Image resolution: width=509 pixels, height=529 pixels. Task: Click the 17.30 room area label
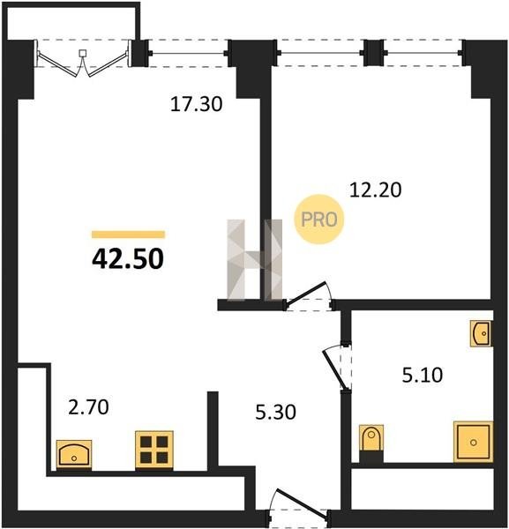tap(196, 104)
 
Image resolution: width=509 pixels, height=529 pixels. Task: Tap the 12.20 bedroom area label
tap(375, 190)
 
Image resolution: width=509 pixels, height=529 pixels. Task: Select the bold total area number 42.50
tap(128, 259)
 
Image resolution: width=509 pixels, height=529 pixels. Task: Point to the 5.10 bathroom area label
tap(423, 376)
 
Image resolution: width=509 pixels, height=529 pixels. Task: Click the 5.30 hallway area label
tap(275, 412)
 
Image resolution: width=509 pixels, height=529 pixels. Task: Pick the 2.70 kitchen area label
tap(88, 406)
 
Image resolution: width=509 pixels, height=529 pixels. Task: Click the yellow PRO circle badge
tap(319, 220)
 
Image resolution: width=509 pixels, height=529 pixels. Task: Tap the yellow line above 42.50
tap(128, 235)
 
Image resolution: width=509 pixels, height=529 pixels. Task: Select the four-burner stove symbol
tap(154, 450)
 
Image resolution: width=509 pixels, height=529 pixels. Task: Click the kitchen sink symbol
tap(74, 454)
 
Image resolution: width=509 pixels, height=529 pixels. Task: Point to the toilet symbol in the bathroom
tap(371, 438)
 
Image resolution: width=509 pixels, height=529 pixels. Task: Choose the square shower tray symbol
tap(473, 442)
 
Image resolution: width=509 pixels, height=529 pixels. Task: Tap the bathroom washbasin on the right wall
tap(481, 333)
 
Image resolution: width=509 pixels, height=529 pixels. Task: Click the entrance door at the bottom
tap(299, 505)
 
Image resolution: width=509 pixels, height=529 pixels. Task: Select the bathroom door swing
tap(338, 368)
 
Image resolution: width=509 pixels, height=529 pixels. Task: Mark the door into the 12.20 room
tap(309, 295)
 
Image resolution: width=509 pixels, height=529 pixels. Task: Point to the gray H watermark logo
tap(254, 260)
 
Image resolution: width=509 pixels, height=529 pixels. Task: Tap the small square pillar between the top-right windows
tap(373, 53)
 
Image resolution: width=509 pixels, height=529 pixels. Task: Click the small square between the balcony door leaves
tap(83, 53)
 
